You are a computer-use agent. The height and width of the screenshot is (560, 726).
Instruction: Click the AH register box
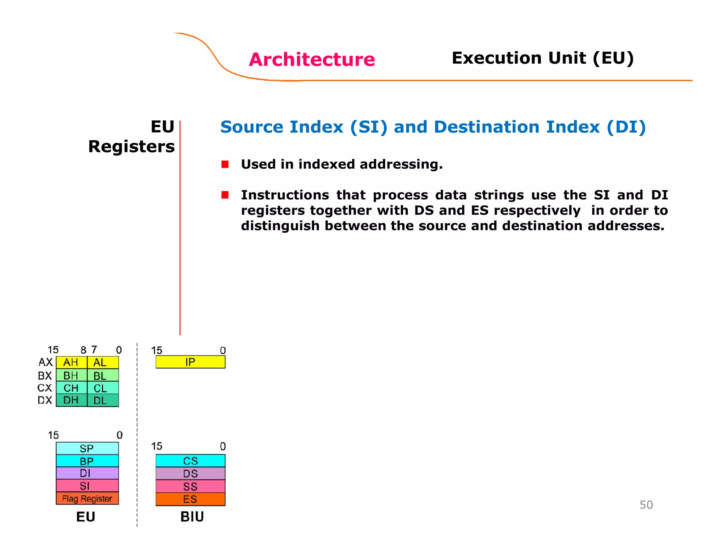[71, 362]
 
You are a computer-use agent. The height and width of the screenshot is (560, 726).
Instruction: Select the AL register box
[103, 362]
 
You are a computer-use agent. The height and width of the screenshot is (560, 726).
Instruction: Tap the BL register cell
[103, 376]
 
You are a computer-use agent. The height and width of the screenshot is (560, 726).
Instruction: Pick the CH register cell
[71, 388]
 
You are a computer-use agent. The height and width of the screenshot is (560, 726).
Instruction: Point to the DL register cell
[103, 400]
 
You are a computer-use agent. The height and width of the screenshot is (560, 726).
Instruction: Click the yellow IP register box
[190, 362]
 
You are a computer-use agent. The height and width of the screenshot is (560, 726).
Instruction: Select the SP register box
[87, 448]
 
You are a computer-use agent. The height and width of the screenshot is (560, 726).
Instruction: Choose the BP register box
[87, 461]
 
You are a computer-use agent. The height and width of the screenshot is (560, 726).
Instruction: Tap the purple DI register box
[87, 473]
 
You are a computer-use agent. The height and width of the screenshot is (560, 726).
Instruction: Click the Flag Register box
[87, 498]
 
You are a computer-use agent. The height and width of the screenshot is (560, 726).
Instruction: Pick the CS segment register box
[190, 461]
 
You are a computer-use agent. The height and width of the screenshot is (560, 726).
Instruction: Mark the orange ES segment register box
[190, 499]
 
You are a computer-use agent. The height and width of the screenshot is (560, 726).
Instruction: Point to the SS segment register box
[190, 486]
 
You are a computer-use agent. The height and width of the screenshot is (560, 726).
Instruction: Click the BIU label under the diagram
[192, 517]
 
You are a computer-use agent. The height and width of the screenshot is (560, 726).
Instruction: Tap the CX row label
[45, 388]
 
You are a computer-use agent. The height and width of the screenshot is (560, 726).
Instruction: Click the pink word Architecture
[312, 59]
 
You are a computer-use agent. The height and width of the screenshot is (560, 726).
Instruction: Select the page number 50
[646, 505]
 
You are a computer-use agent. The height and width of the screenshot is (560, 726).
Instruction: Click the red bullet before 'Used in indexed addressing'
[225, 164]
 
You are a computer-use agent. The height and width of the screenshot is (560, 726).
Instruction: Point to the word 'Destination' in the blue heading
[487, 127]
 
